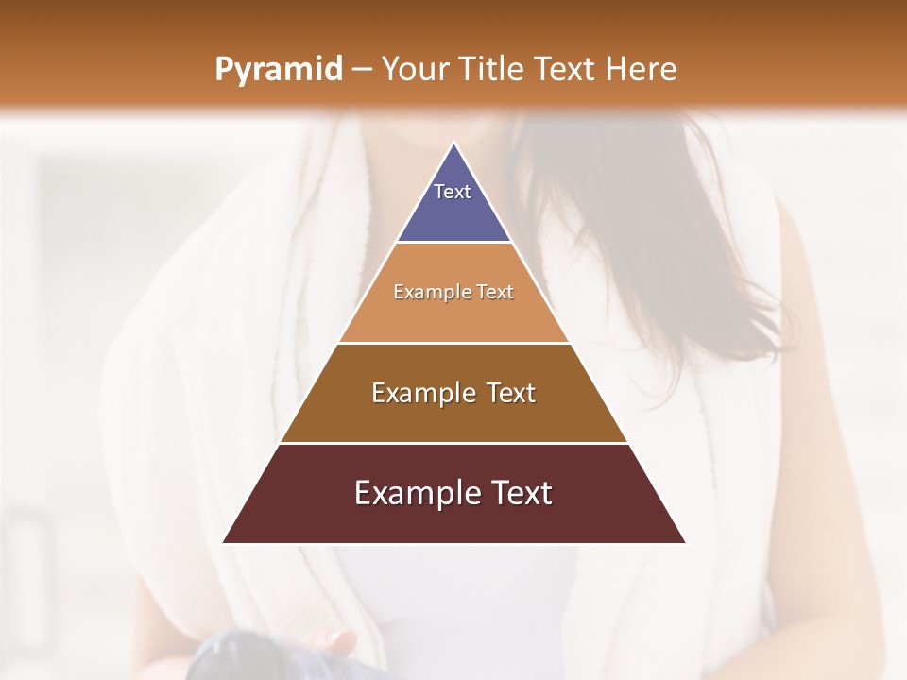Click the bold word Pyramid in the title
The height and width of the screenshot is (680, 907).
coord(278,70)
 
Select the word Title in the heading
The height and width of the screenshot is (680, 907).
coord(495,69)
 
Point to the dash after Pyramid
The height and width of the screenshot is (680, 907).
coord(361,70)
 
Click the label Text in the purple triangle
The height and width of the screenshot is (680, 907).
coord(453,192)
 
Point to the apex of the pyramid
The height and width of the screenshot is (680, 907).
coord(454,144)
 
